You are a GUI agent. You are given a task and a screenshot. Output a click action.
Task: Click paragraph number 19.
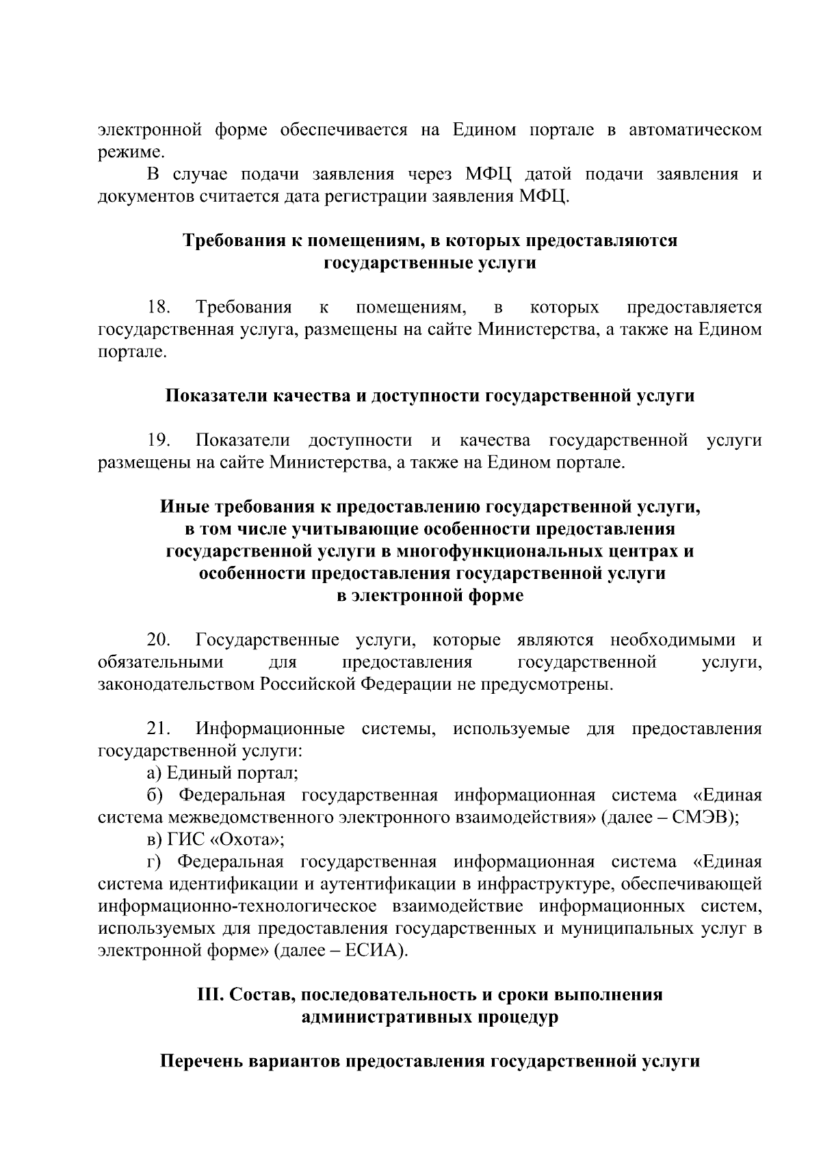159,441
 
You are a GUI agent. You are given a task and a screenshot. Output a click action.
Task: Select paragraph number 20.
159,640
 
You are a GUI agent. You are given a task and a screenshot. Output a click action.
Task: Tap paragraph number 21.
159,729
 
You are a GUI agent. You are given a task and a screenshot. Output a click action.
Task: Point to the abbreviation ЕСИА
374,951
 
